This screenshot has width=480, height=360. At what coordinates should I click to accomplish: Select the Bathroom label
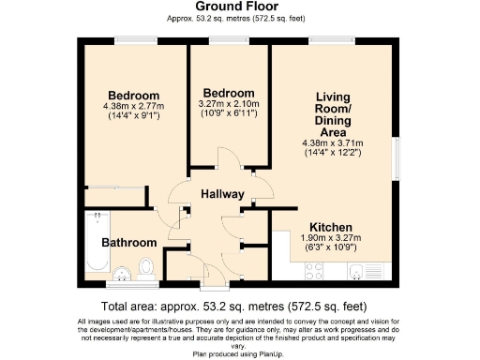(x=128, y=242)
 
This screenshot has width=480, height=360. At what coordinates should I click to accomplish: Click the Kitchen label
(x=331, y=227)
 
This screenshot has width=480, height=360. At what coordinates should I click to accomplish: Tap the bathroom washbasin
(x=123, y=274)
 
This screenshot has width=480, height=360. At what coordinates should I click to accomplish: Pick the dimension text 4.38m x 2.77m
(x=133, y=106)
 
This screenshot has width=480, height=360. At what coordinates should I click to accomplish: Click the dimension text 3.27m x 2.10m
(x=229, y=104)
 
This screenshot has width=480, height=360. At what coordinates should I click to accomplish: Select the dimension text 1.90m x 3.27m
(x=331, y=238)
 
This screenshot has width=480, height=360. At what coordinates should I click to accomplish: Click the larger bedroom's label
(x=133, y=96)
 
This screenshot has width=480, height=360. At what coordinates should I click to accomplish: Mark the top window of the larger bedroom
(x=132, y=39)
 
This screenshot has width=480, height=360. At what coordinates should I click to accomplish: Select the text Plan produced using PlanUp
(x=239, y=355)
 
